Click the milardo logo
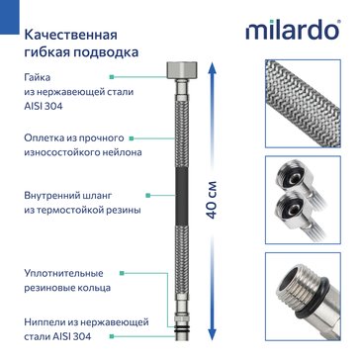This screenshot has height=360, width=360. (293, 30)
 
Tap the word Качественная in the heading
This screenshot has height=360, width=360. (71, 35)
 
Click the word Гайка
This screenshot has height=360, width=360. (38, 78)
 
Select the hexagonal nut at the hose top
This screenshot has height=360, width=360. (182, 70)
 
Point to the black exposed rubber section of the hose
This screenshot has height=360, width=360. (182, 196)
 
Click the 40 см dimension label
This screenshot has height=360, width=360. (212, 200)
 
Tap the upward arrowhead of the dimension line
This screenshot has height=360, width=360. (212, 70)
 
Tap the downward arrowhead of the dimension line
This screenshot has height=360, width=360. (212, 330)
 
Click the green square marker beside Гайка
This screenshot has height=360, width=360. (112, 77)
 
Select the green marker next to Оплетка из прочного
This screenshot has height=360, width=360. (132, 138)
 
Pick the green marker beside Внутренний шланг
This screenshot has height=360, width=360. (148, 196)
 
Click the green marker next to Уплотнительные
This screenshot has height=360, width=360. (122, 273)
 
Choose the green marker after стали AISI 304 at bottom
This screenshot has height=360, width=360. (112, 336)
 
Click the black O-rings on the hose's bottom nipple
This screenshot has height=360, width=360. (182, 328)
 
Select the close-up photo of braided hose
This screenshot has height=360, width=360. (303, 103)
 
